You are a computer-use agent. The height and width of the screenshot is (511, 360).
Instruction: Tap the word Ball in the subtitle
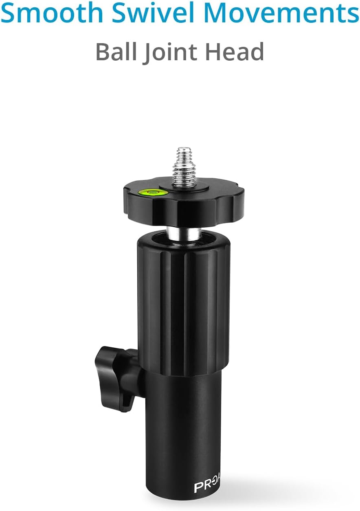pyautogui.click(x=116, y=52)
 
